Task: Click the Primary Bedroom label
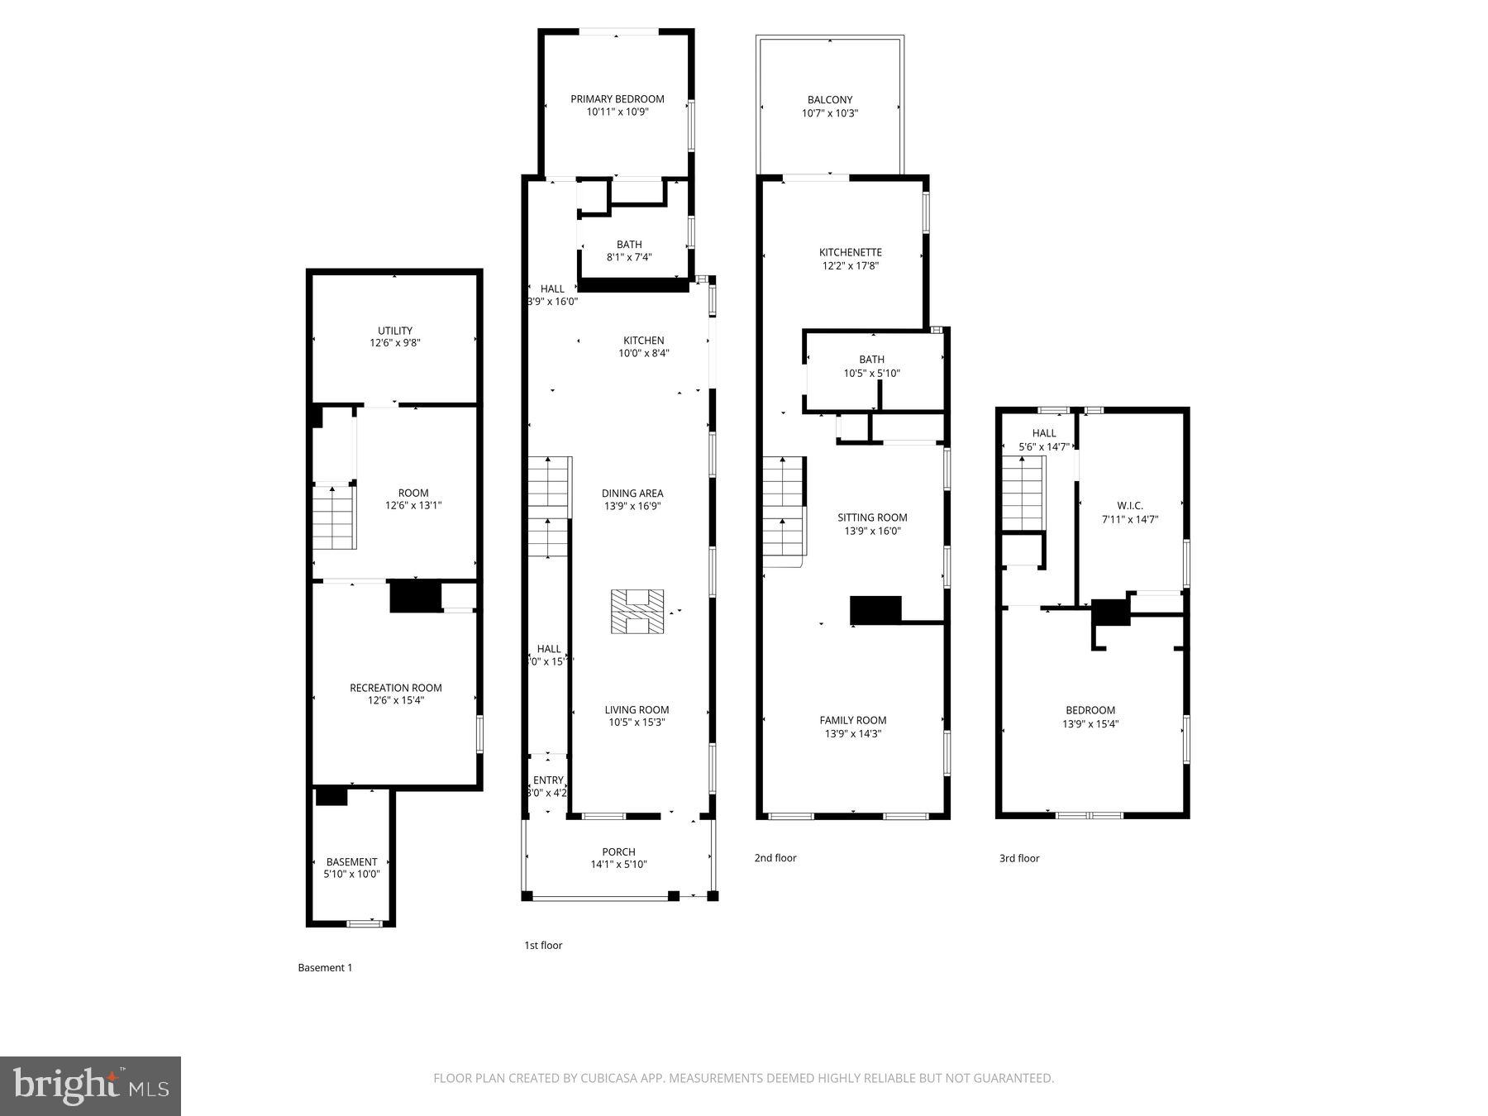(x=618, y=99)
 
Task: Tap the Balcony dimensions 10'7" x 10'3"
(x=830, y=113)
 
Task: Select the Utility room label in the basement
(x=395, y=331)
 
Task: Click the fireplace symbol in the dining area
(x=637, y=612)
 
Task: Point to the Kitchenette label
(x=851, y=252)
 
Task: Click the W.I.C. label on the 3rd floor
(x=1130, y=505)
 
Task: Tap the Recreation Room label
(x=396, y=688)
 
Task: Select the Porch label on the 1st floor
(x=619, y=851)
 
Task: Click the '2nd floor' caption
(x=775, y=858)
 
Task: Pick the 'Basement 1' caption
(x=325, y=967)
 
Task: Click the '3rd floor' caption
(x=1019, y=858)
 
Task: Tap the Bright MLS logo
(x=90, y=1085)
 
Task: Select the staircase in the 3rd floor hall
(x=1024, y=493)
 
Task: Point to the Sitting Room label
(x=872, y=517)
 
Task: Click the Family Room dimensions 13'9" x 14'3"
(x=853, y=733)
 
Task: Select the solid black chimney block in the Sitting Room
(x=875, y=610)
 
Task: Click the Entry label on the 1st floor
(x=548, y=780)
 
